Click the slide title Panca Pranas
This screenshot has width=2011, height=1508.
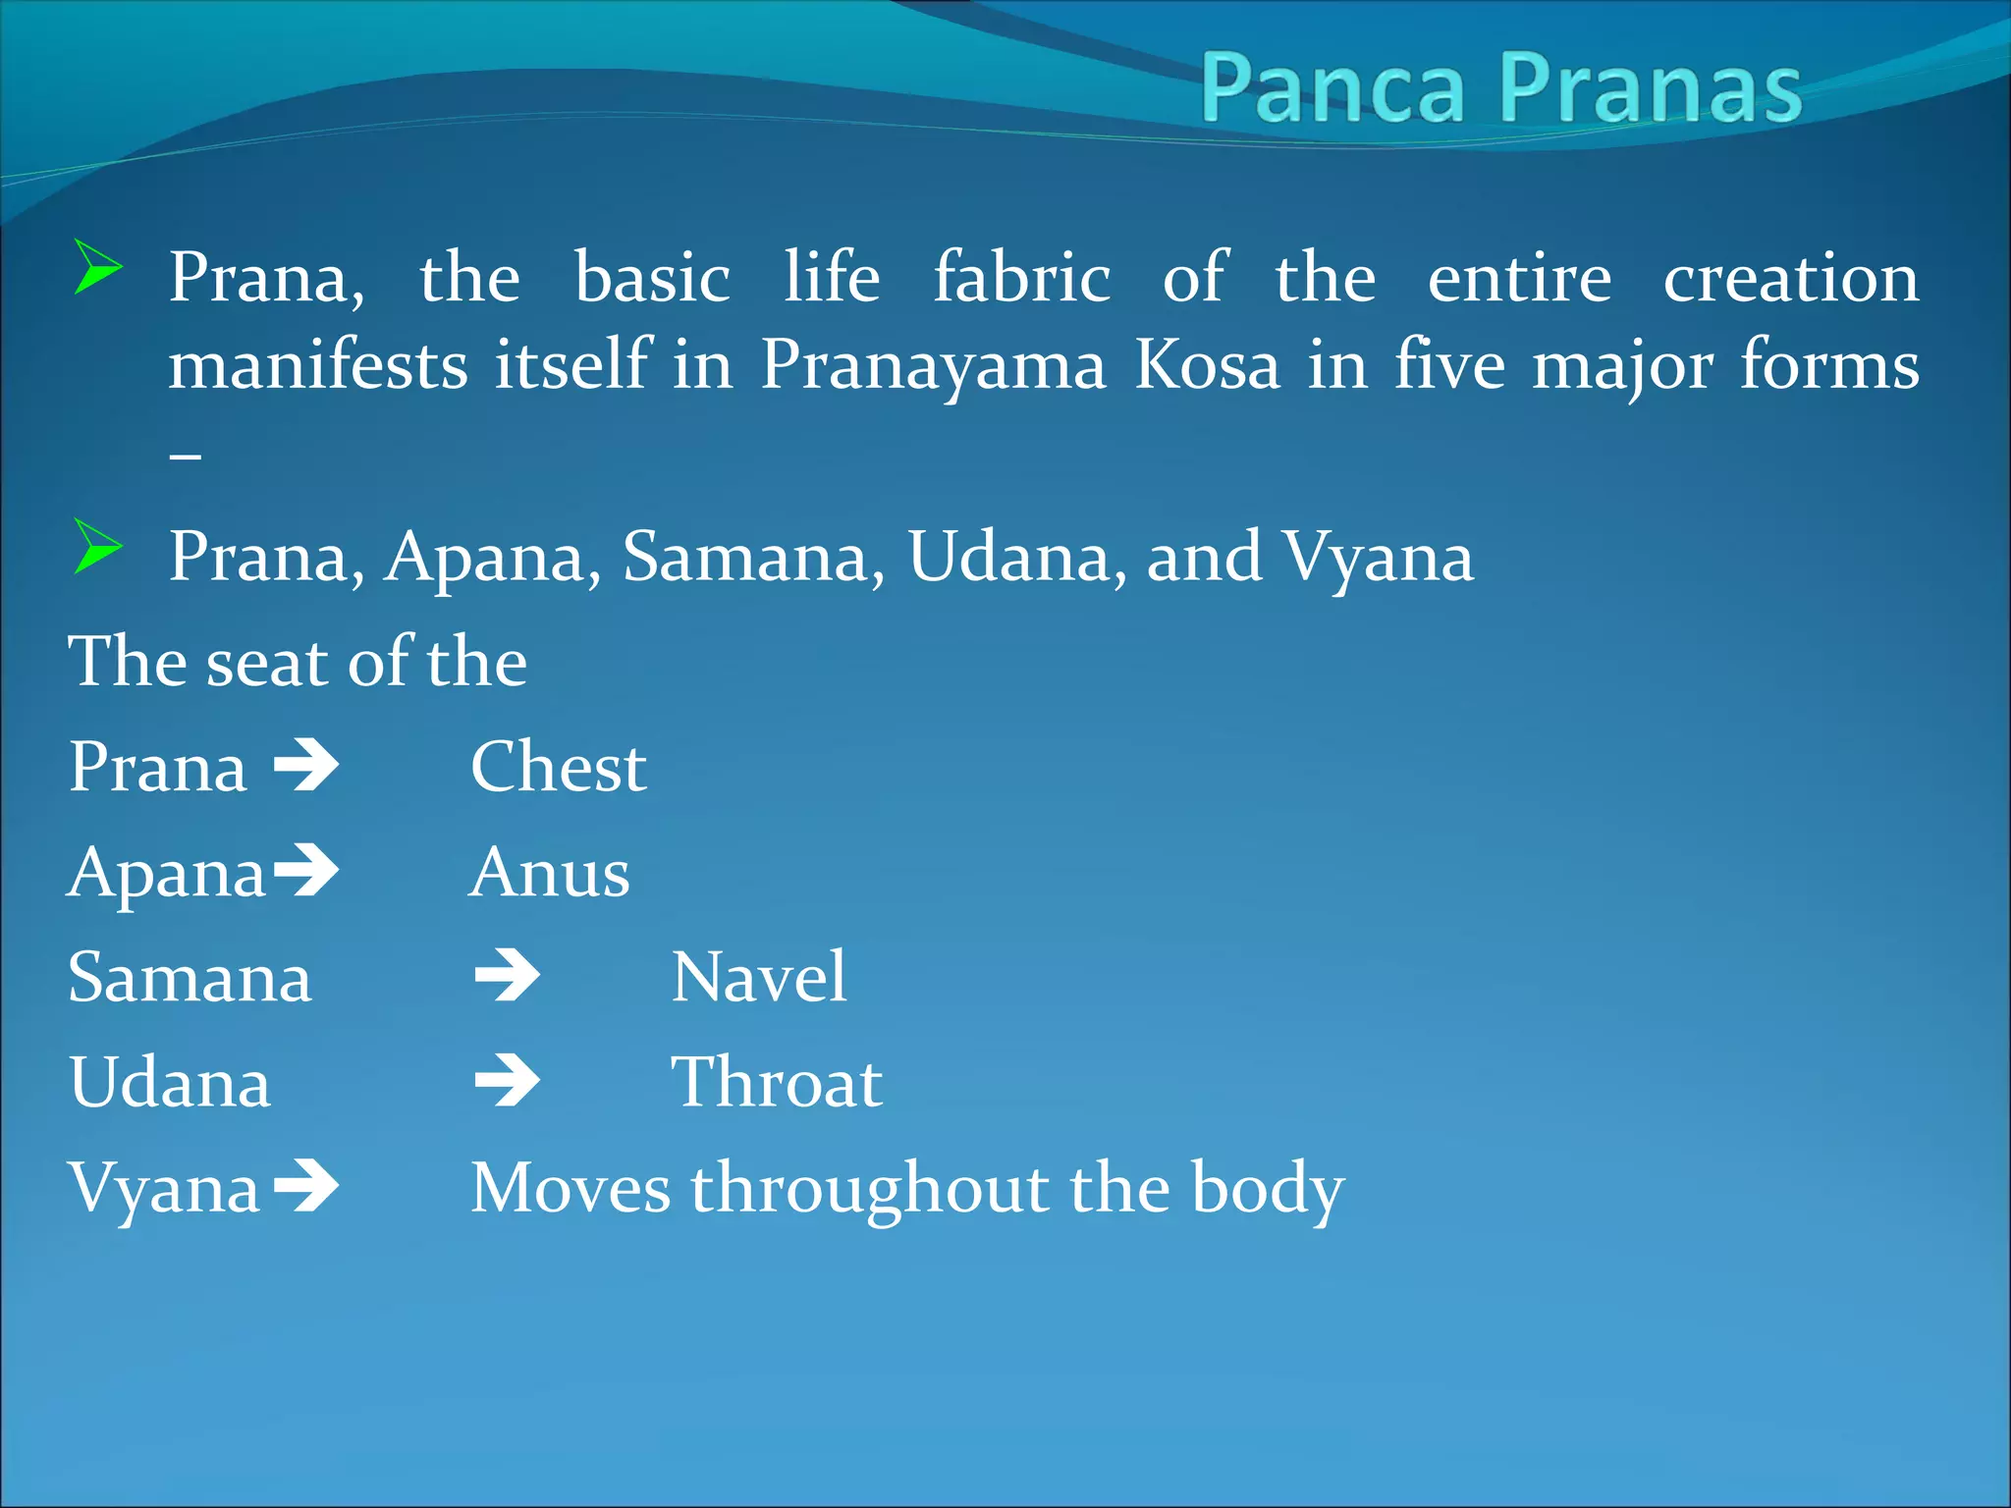[1500, 88]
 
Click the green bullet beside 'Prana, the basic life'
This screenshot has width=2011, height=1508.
[98, 267]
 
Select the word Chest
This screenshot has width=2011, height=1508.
[558, 767]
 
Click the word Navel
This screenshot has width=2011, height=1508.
[758, 978]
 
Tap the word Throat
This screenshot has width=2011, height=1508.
[776, 1083]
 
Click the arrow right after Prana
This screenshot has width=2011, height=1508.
[306, 767]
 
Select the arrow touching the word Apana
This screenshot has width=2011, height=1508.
[306, 871]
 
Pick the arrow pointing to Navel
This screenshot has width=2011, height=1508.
[507, 977]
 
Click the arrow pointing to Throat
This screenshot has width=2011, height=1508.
[507, 1082]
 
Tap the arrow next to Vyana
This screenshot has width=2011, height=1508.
[306, 1187]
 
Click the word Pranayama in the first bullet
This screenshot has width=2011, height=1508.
[933, 365]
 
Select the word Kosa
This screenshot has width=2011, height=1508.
[1207, 365]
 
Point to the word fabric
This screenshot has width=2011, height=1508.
[1021, 278]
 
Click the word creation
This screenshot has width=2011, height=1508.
[1790, 278]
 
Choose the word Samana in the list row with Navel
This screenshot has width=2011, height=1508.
[190, 978]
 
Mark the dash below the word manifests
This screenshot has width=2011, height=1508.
[186, 456]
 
